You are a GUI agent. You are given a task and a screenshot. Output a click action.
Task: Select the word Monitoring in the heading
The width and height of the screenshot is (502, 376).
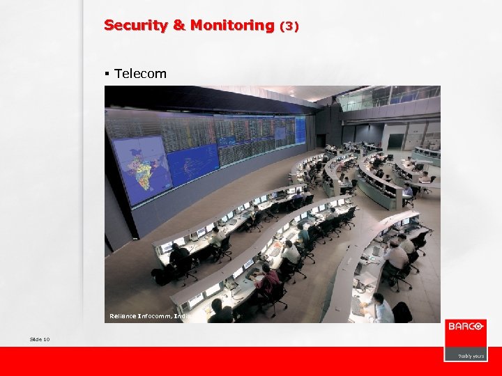pyautogui.click(x=232, y=25)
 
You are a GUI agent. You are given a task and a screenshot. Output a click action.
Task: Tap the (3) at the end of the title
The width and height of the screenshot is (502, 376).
pyautogui.click(x=289, y=26)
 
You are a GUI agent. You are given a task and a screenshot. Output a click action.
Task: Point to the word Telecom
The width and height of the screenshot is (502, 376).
pyautogui.click(x=140, y=73)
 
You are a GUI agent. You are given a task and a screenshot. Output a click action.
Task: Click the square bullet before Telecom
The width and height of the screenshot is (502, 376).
pyautogui.click(x=107, y=73)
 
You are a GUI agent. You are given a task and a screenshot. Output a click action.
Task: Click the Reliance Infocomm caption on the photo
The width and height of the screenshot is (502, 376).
pyautogui.click(x=149, y=316)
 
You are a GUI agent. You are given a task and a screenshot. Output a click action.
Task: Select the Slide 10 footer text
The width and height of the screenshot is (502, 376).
pyautogui.click(x=40, y=339)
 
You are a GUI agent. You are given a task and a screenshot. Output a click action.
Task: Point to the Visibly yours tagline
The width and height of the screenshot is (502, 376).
pyautogui.click(x=471, y=356)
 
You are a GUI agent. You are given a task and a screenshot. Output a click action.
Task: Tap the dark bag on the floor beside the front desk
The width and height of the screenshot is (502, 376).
pyautogui.click(x=161, y=276)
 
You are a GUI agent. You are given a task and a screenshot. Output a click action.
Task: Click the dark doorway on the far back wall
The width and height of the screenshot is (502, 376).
pyautogui.click(x=397, y=141)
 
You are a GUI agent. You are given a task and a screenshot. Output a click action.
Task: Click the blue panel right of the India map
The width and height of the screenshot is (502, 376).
pyautogui.click(x=191, y=164)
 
